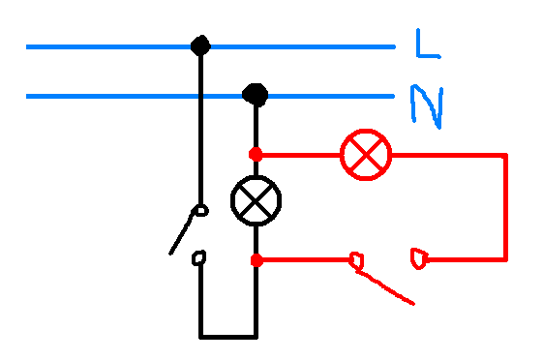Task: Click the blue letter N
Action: coord(427,105)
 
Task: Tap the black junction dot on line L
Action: coord(200,45)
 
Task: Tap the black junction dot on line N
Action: coord(256,95)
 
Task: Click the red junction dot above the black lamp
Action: coord(256,154)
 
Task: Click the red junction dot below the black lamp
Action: coord(256,260)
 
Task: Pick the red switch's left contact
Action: coord(356,260)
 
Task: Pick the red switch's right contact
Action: coord(419,258)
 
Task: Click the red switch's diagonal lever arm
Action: coord(384,287)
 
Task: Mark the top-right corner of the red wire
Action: coord(505,155)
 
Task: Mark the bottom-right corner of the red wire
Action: coord(505,259)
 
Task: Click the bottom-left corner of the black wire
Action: coord(201,337)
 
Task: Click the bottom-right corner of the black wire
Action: coord(256,337)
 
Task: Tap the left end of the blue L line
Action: coord(27,46)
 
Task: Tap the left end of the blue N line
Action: coord(27,96)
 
